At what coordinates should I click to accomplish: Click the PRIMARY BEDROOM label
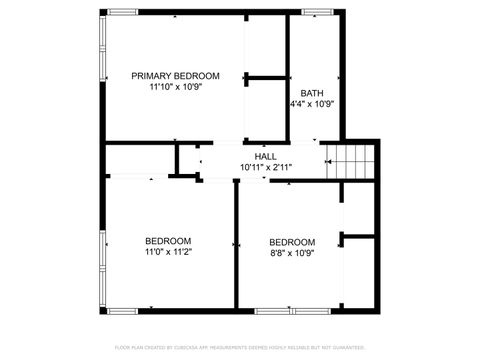tap(176, 76)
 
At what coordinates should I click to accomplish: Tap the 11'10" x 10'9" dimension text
tap(176, 88)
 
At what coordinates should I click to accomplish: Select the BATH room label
tap(311, 93)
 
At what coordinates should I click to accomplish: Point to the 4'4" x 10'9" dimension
tap(311, 104)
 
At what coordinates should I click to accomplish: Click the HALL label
tap(265, 157)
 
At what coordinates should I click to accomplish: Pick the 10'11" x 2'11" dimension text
tap(265, 168)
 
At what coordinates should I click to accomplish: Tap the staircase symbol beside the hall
tap(354, 159)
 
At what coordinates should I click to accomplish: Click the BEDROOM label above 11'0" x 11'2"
tap(168, 241)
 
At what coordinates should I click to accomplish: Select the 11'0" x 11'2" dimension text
tap(168, 253)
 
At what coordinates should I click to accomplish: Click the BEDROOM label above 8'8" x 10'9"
tap(292, 242)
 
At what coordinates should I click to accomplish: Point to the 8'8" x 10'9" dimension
tap(292, 254)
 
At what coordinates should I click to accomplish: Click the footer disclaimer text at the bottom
tap(240, 347)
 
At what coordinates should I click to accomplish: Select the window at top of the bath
tap(317, 12)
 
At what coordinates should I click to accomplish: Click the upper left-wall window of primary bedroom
tap(102, 46)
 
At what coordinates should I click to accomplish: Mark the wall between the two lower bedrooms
tap(236, 245)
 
